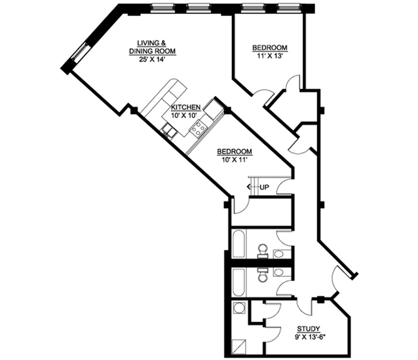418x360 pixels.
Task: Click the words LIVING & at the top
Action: point(151,43)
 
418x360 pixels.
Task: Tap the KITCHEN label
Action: point(186,107)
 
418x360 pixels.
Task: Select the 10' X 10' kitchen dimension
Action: point(185,116)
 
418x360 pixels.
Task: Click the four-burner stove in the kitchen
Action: point(199,128)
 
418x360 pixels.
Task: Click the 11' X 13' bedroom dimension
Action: point(270,56)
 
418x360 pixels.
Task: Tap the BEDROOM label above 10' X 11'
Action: point(235,151)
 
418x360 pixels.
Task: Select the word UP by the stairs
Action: point(264,187)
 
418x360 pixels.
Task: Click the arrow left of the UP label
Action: point(253,187)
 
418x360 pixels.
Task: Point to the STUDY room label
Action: point(309,329)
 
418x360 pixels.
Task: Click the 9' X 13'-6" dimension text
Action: point(311,337)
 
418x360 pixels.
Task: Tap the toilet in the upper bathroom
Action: point(262,251)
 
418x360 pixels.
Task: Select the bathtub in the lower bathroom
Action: point(238,283)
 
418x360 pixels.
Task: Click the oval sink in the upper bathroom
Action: point(279,254)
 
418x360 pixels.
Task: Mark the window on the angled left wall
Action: point(80,52)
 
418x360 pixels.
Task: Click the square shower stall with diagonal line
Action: point(239,347)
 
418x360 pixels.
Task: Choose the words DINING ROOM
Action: point(152,51)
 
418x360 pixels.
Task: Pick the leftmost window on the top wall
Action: point(161,9)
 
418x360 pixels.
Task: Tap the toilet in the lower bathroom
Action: point(262,275)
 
